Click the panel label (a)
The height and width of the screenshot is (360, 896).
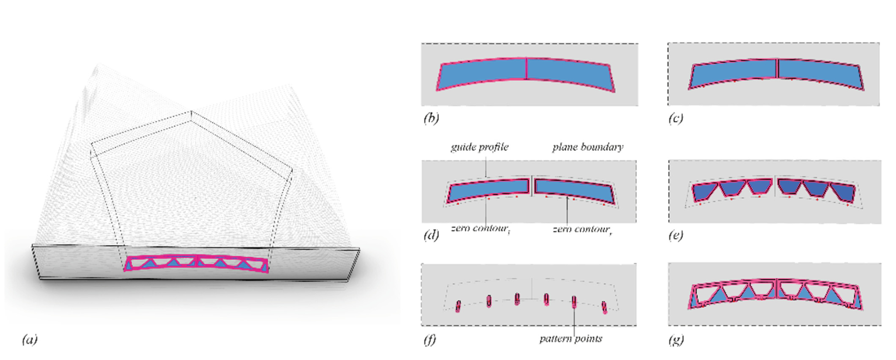click(29, 340)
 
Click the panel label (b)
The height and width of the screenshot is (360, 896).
click(431, 118)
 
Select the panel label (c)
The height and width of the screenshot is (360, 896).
click(676, 118)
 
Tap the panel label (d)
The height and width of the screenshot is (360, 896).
click(431, 235)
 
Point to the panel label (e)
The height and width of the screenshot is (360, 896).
click(676, 235)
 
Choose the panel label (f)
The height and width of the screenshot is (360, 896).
click(430, 340)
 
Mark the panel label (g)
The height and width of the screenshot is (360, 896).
click(676, 340)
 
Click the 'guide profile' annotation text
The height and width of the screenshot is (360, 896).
click(479, 147)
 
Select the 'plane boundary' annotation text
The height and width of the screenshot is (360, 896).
click(588, 147)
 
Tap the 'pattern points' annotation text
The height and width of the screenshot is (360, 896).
click(571, 338)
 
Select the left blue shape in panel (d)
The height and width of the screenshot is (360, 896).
click(487, 191)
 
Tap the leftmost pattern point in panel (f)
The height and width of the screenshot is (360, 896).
click(459, 306)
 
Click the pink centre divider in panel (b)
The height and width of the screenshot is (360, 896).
click(526, 68)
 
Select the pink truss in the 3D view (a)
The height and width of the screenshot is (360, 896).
click(197, 264)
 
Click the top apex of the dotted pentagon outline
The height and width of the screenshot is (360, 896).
click(191, 111)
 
